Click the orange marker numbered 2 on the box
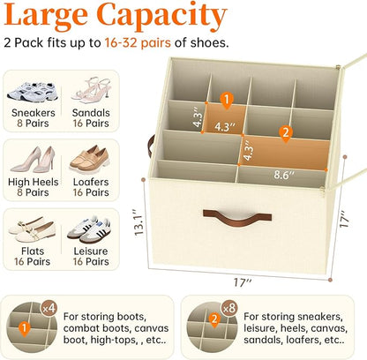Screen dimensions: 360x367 point(284,135)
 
